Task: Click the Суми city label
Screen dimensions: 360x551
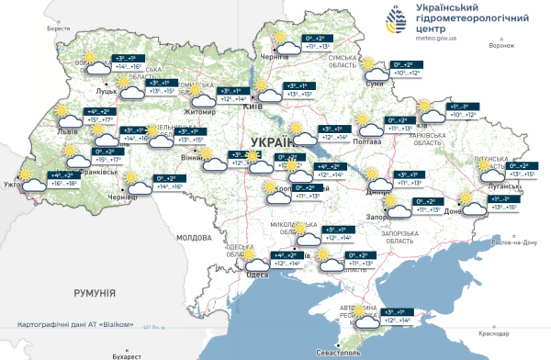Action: [x=374, y=84]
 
